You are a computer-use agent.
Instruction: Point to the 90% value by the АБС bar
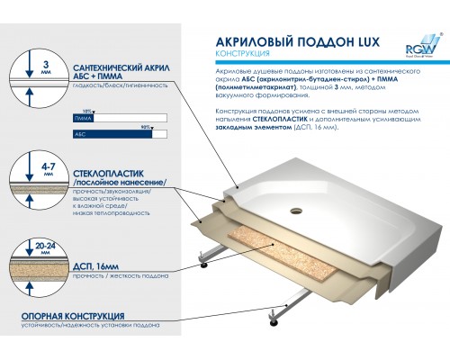[158, 126]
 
